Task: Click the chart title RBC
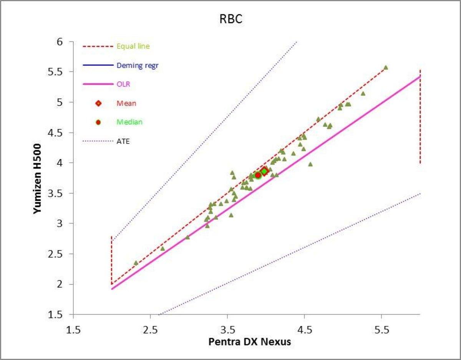(231, 20)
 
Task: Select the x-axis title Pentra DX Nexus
(250, 342)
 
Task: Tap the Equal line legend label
(133, 46)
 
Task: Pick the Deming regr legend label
(138, 65)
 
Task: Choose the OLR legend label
(123, 84)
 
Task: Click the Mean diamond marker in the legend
(98, 103)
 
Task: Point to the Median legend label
(129, 122)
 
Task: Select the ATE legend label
(123, 141)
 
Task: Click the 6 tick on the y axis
(60, 41)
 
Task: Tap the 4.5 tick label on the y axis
(56, 132)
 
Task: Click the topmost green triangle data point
(386, 68)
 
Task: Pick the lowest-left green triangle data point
(136, 263)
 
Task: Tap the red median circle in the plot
(258, 175)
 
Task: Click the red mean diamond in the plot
(264, 171)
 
